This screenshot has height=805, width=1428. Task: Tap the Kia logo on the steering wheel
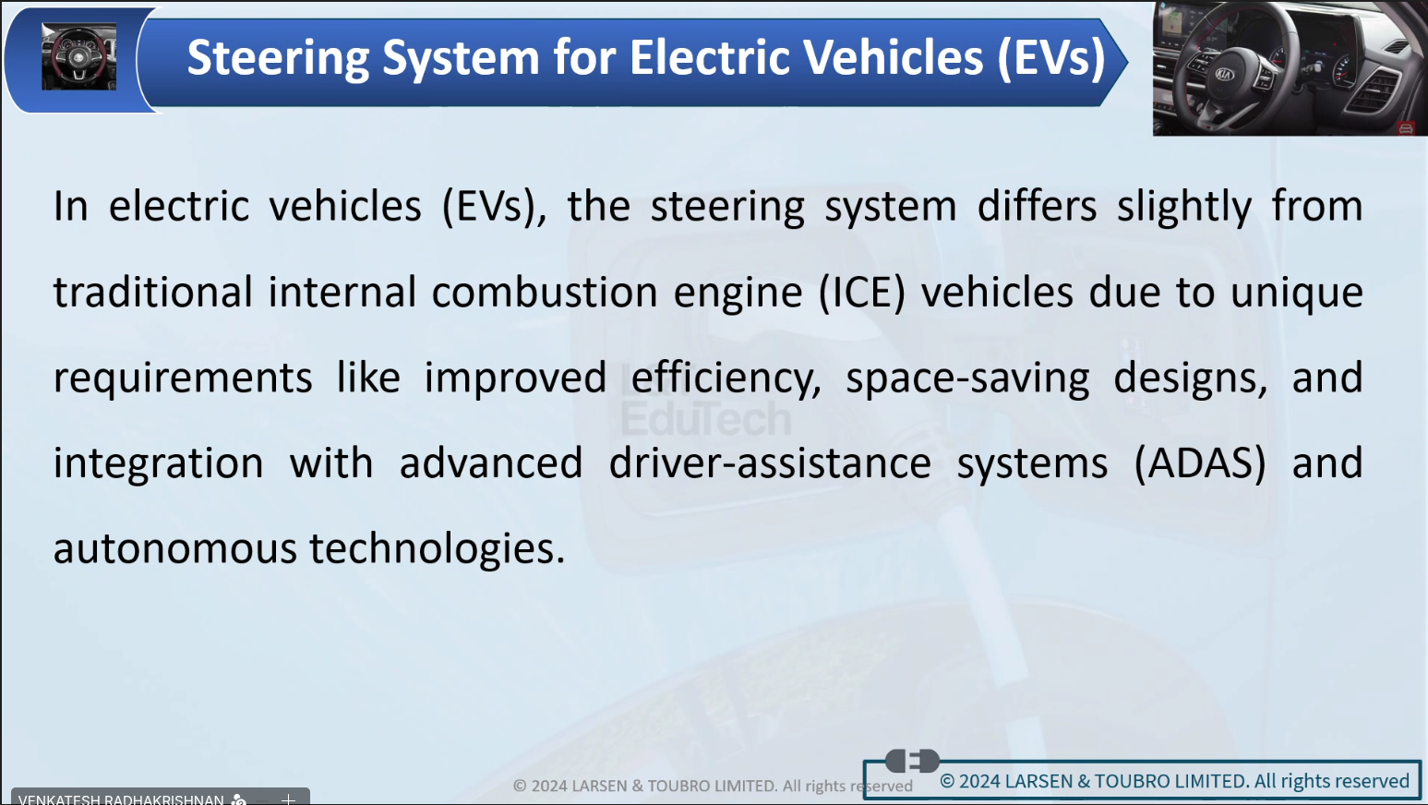pyautogui.click(x=1224, y=75)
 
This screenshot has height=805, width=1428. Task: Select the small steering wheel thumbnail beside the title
pyautogui.click(x=79, y=56)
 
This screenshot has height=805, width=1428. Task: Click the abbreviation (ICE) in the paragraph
pyautogui.click(x=862, y=293)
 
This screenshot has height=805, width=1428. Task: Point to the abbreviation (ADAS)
pyautogui.click(x=1200, y=463)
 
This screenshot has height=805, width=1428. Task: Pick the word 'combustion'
pyautogui.click(x=545, y=293)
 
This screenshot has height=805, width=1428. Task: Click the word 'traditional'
pyautogui.click(x=153, y=293)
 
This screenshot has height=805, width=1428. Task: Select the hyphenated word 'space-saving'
pyautogui.click(x=967, y=378)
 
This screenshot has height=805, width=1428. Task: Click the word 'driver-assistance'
pyautogui.click(x=770, y=463)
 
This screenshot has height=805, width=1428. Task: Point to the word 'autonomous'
pyautogui.click(x=175, y=548)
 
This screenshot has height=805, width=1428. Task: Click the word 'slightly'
pyautogui.click(x=1184, y=207)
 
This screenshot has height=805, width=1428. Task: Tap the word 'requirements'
pyautogui.click(x=183, y=378)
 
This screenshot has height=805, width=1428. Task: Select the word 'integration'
pyautogui.click(x=158, y=463)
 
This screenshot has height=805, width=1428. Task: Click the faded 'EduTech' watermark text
pyautogui.click(x=706, y=418)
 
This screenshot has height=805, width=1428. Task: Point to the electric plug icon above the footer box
pyautogui.click(x=912, y=761)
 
